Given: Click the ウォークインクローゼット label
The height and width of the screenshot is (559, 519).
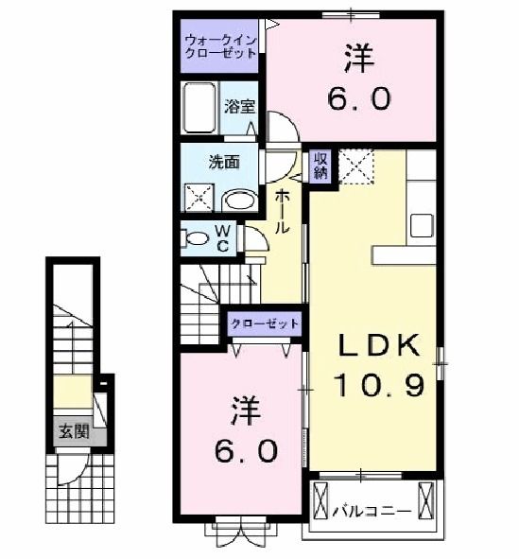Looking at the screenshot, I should pyautogui.click(x=219, y=47).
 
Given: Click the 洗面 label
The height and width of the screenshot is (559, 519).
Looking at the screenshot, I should pyautogui.click(x=223, y=161).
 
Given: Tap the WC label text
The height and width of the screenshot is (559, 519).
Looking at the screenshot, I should pyautogui.click(x=223, y=237).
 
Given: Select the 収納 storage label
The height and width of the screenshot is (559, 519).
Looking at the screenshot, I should pyautogui.click(x=320, y=166).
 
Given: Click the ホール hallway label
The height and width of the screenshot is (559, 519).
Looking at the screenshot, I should pyautogui.click(x=282, y=213).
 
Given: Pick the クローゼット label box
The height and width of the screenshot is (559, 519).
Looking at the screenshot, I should pyautogui.click(x=266, y=323).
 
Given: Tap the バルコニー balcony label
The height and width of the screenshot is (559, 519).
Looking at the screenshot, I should pyautogui.click(x=372, y=512).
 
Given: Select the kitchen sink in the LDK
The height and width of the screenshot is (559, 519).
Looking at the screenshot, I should pyautogui.click(x=421, y=226).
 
